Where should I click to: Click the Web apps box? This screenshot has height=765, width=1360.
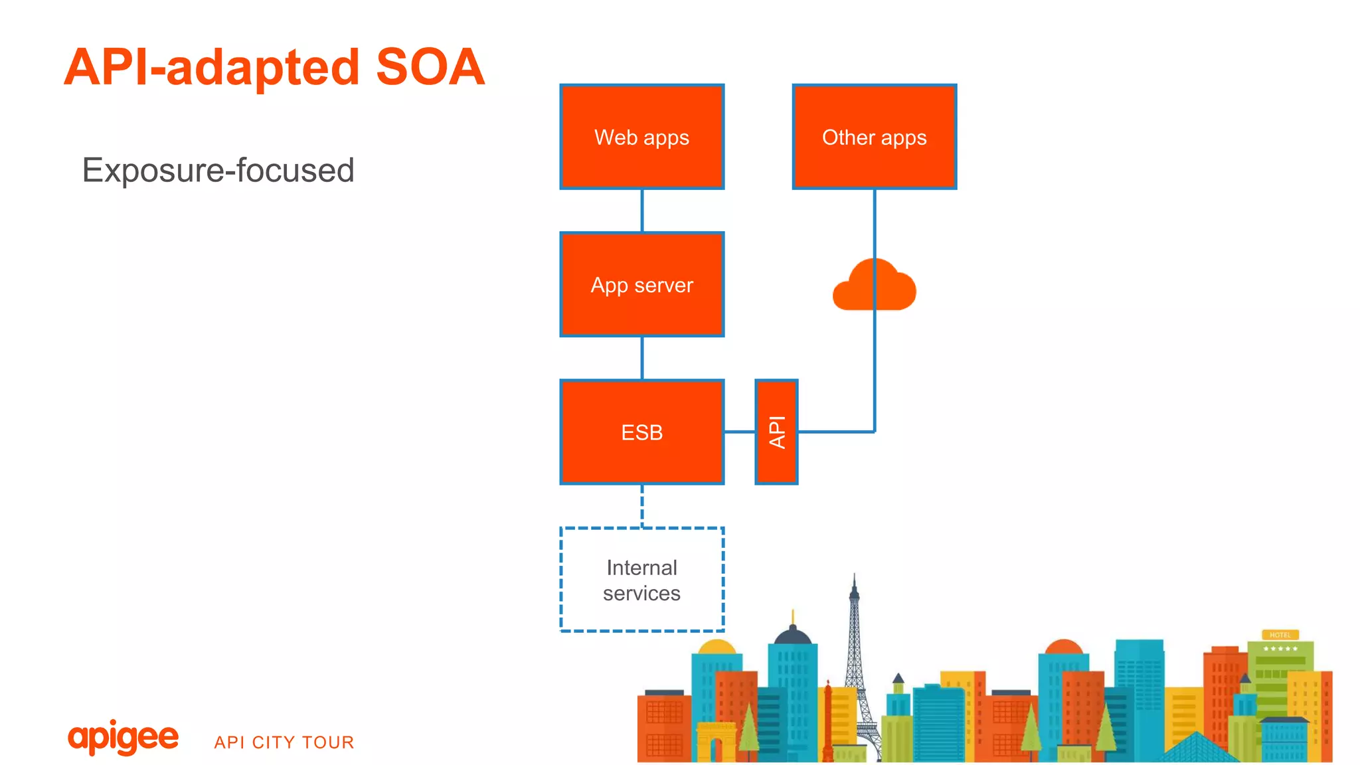click(641, 137)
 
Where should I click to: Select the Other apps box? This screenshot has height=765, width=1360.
click(874, 137)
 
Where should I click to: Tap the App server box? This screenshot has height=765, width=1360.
click(641, 285)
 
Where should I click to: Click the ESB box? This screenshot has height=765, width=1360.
click(641, 432)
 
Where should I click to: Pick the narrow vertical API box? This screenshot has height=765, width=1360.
click(776, 432)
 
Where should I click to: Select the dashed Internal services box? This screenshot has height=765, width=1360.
click(641, 580)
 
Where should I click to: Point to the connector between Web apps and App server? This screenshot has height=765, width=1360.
click(641, 211)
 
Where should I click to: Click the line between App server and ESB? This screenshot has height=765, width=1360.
click(641, 358)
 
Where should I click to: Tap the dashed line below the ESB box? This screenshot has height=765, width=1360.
click(641, 505)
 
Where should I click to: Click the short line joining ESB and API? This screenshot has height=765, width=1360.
click(739, 432)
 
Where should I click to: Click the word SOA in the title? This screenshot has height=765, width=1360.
click(430, 67)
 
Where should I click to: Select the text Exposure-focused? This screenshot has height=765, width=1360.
click(218, 170)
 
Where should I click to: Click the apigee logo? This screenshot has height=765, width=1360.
click(123, 737)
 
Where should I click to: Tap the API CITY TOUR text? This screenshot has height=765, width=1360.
click(284, 742)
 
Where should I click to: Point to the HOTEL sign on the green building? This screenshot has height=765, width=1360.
click(1280, 635)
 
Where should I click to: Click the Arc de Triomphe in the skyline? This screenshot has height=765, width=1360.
click(715, 741)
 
